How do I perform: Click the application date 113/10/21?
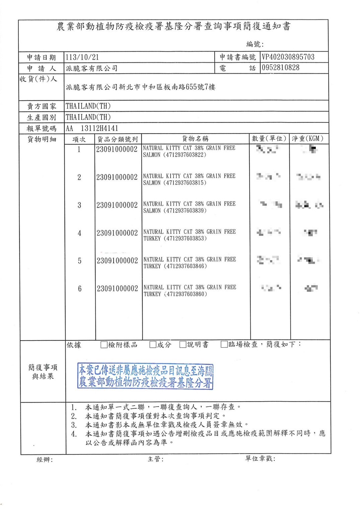click(82, 57)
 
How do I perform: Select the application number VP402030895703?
click(288, 57)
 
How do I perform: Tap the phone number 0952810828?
click(280, 68)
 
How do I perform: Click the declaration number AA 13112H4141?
click(92, 128)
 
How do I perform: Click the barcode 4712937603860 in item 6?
click(186, 294)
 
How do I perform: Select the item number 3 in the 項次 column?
click(79, 205)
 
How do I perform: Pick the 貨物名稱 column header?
click(195, 139)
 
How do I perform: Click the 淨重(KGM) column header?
click(307, 139)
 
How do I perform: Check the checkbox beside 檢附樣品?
click(104, 345)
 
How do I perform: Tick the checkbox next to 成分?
click(153, 345)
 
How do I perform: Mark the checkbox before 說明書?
click(183, 345)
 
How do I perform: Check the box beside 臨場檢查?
click(224, 344)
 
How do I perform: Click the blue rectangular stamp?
click(145, 376)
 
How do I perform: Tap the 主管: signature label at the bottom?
click(155, 459)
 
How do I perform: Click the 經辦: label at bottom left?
click(45, 460)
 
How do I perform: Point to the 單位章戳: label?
click(260, 458)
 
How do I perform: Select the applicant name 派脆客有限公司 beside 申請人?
click(91, 68)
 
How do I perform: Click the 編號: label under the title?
click(255, 44)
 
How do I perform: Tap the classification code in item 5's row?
click(117, 261)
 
